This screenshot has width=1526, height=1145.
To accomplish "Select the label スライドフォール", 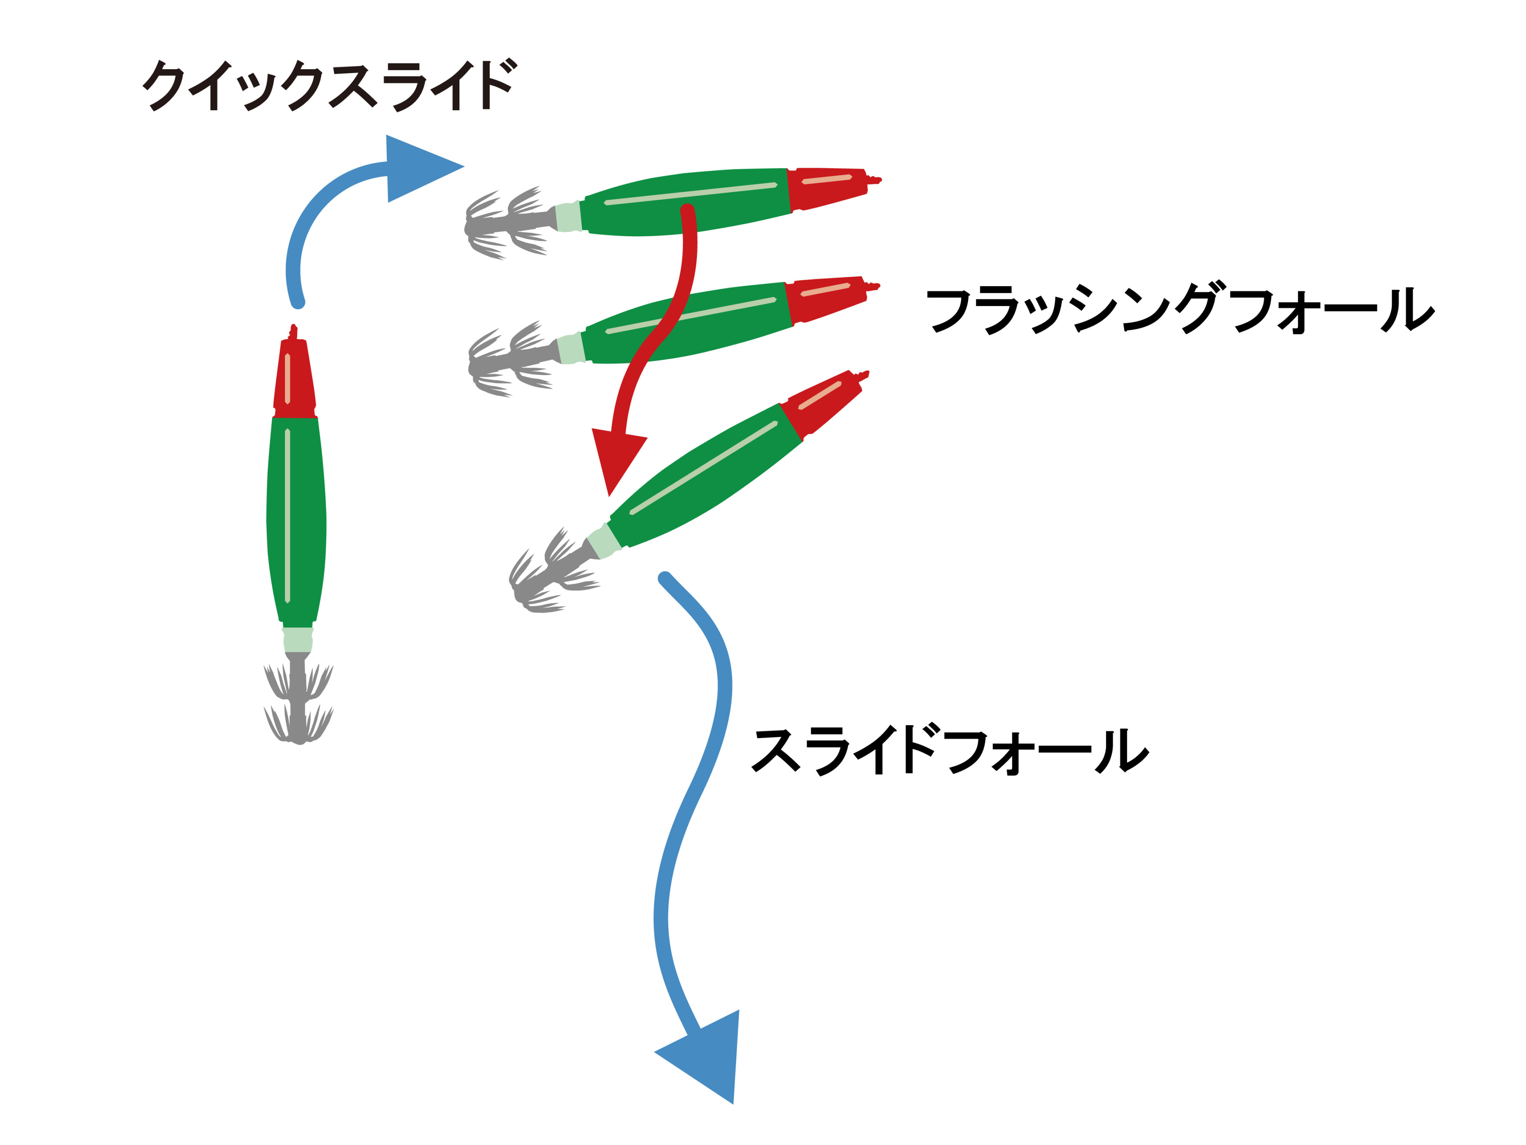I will pyautogui.click(x=950, y=750).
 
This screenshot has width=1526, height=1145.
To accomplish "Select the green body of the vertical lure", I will pyautogui.click(x=296, y=518).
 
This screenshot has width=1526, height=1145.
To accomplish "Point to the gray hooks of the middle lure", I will pyautogui.click(x=510, y=359).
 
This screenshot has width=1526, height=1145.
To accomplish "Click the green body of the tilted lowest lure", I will pyautogui.click(x=703, y=476).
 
